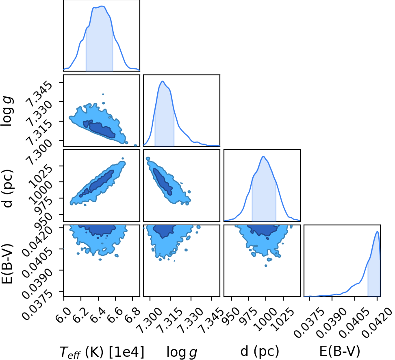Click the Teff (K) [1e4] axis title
point(102,352)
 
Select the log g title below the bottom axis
point(182,352)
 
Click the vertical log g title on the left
point(7,111)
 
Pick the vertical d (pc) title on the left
point(7,189)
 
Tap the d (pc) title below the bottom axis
point(260,351)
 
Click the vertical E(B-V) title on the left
point(7,264)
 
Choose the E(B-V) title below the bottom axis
point(340,351)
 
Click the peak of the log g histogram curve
point(163,81)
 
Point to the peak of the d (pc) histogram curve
point(263,156)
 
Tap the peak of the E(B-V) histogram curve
point(378,231)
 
